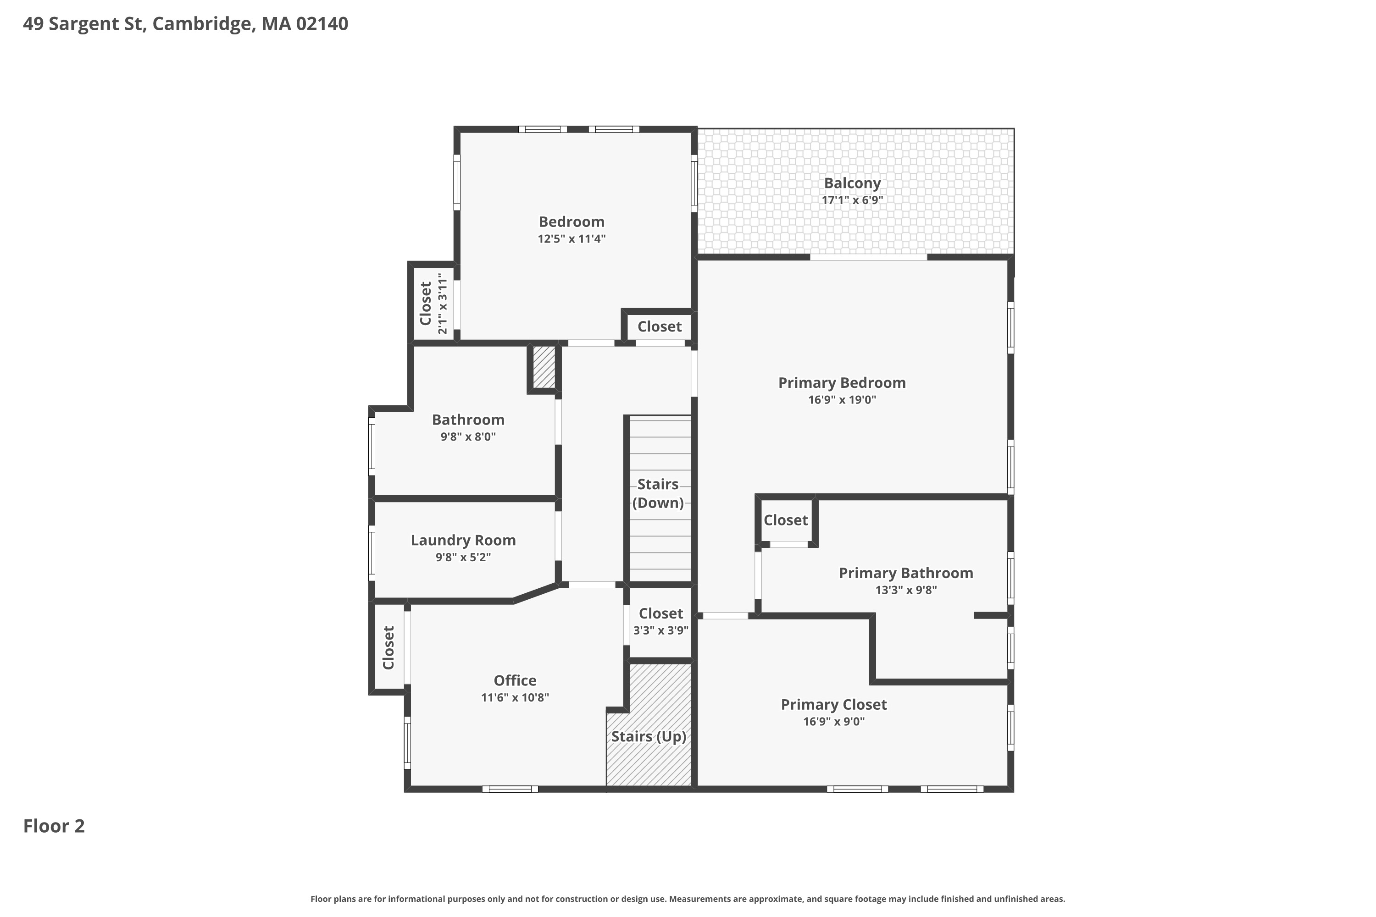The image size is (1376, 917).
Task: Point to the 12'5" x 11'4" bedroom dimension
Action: [x=571, y=238]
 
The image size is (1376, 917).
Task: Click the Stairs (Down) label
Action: [x=658, y=494]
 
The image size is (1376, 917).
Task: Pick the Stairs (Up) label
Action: [x=649, y=736]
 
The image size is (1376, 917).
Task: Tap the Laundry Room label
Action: [x=463, y=541]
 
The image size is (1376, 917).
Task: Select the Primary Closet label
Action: [x=834, y=705]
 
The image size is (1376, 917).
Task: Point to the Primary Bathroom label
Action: [x=906, y=573]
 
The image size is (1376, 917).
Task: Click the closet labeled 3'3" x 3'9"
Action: [x=660, y=622]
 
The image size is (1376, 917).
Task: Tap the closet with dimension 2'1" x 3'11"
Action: [x=433, y=303]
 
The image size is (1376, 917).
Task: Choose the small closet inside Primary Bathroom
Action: [x=786, y=520]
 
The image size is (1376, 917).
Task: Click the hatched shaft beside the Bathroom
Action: [x=544, y=367]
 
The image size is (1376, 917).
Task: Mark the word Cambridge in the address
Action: [x=204, y=24]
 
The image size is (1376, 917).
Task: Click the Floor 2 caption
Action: [x=54, y=826]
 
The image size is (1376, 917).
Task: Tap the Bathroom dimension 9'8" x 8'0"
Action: [x=468, y=437]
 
